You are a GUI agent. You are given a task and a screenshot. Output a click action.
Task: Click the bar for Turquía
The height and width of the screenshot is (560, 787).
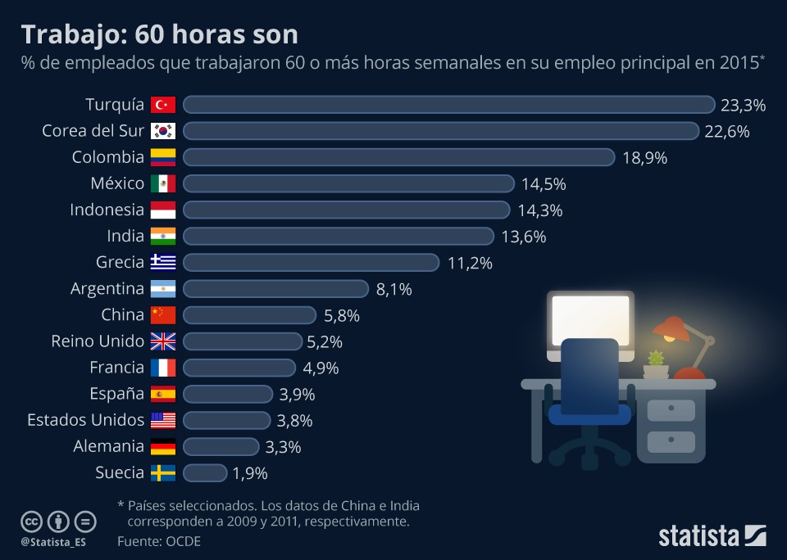448,105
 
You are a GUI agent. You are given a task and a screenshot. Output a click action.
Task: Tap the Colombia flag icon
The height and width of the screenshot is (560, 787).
162,157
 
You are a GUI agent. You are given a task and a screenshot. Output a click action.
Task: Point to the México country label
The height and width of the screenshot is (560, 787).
117,183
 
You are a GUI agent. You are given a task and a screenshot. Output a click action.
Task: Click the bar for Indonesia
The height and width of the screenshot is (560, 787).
346,210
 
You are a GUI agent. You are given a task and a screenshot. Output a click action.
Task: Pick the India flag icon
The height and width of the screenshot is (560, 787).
162,237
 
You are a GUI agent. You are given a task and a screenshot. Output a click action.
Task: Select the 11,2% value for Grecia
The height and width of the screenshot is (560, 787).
470,263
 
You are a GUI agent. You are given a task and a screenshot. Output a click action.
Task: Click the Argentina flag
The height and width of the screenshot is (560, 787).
162,289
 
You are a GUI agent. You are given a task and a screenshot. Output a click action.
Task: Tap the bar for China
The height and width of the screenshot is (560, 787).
249,315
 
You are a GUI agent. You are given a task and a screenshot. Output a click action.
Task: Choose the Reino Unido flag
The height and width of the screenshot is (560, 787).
162,341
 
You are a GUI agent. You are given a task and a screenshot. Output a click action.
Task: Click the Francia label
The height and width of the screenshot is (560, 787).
116,368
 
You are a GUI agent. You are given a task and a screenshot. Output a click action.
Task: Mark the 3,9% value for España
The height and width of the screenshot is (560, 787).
297,394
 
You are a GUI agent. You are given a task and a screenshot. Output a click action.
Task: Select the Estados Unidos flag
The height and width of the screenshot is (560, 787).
162,420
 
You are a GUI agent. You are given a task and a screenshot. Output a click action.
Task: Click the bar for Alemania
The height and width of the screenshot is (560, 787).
221,446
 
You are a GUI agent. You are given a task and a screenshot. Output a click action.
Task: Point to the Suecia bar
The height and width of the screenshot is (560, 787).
205,472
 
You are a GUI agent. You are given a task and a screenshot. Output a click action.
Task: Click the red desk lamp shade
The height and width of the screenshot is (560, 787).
671,328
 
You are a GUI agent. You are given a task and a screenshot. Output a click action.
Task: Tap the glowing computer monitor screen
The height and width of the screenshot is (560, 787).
590,319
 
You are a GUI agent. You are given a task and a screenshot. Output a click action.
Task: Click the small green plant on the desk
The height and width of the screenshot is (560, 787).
655,359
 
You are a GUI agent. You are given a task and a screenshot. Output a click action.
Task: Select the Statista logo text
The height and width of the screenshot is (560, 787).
699,536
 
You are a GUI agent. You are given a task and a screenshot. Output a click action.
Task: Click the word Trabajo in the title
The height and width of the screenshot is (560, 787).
73,34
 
